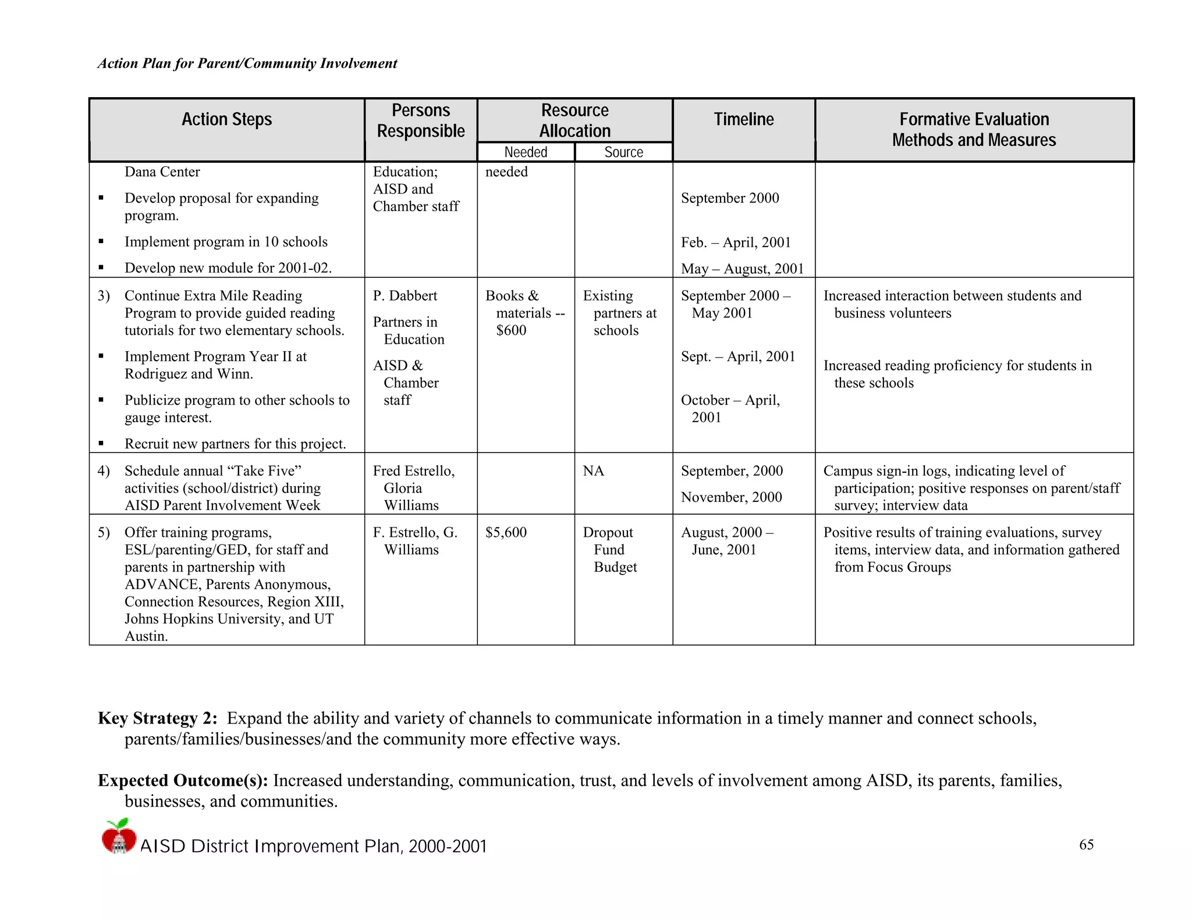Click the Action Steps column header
point(226,120)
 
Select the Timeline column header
point(743,120)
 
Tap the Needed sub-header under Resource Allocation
point(526,152)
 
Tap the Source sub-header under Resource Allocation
point(623,152)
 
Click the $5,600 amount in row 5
point(506,533)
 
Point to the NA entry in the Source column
point(593,471)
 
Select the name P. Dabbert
point(405,296)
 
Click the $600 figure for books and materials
point(511,330)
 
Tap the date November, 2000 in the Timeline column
point(731,497)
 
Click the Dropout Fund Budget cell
point(609,550)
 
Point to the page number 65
point(1086,845)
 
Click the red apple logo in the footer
point(119,836)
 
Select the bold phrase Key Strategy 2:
point(157,719)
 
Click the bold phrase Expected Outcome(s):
point(183,780)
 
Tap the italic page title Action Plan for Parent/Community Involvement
point(247,63)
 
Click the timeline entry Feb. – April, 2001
point(736,243)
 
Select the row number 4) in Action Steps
point(104,471)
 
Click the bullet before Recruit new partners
point(101,444)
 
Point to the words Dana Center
point(162,172)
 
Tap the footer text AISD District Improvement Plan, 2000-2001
point(313,847)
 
